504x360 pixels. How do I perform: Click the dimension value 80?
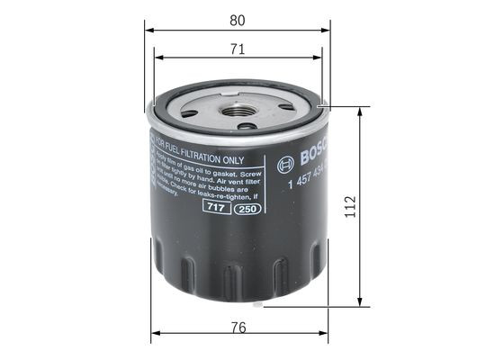[237, 19]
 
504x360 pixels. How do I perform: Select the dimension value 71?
[237, 49]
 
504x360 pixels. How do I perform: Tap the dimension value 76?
[238, 328]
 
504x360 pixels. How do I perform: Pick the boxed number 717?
[213, 207]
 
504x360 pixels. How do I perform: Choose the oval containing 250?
[245, 209]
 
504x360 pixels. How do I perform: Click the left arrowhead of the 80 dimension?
[148, 30]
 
